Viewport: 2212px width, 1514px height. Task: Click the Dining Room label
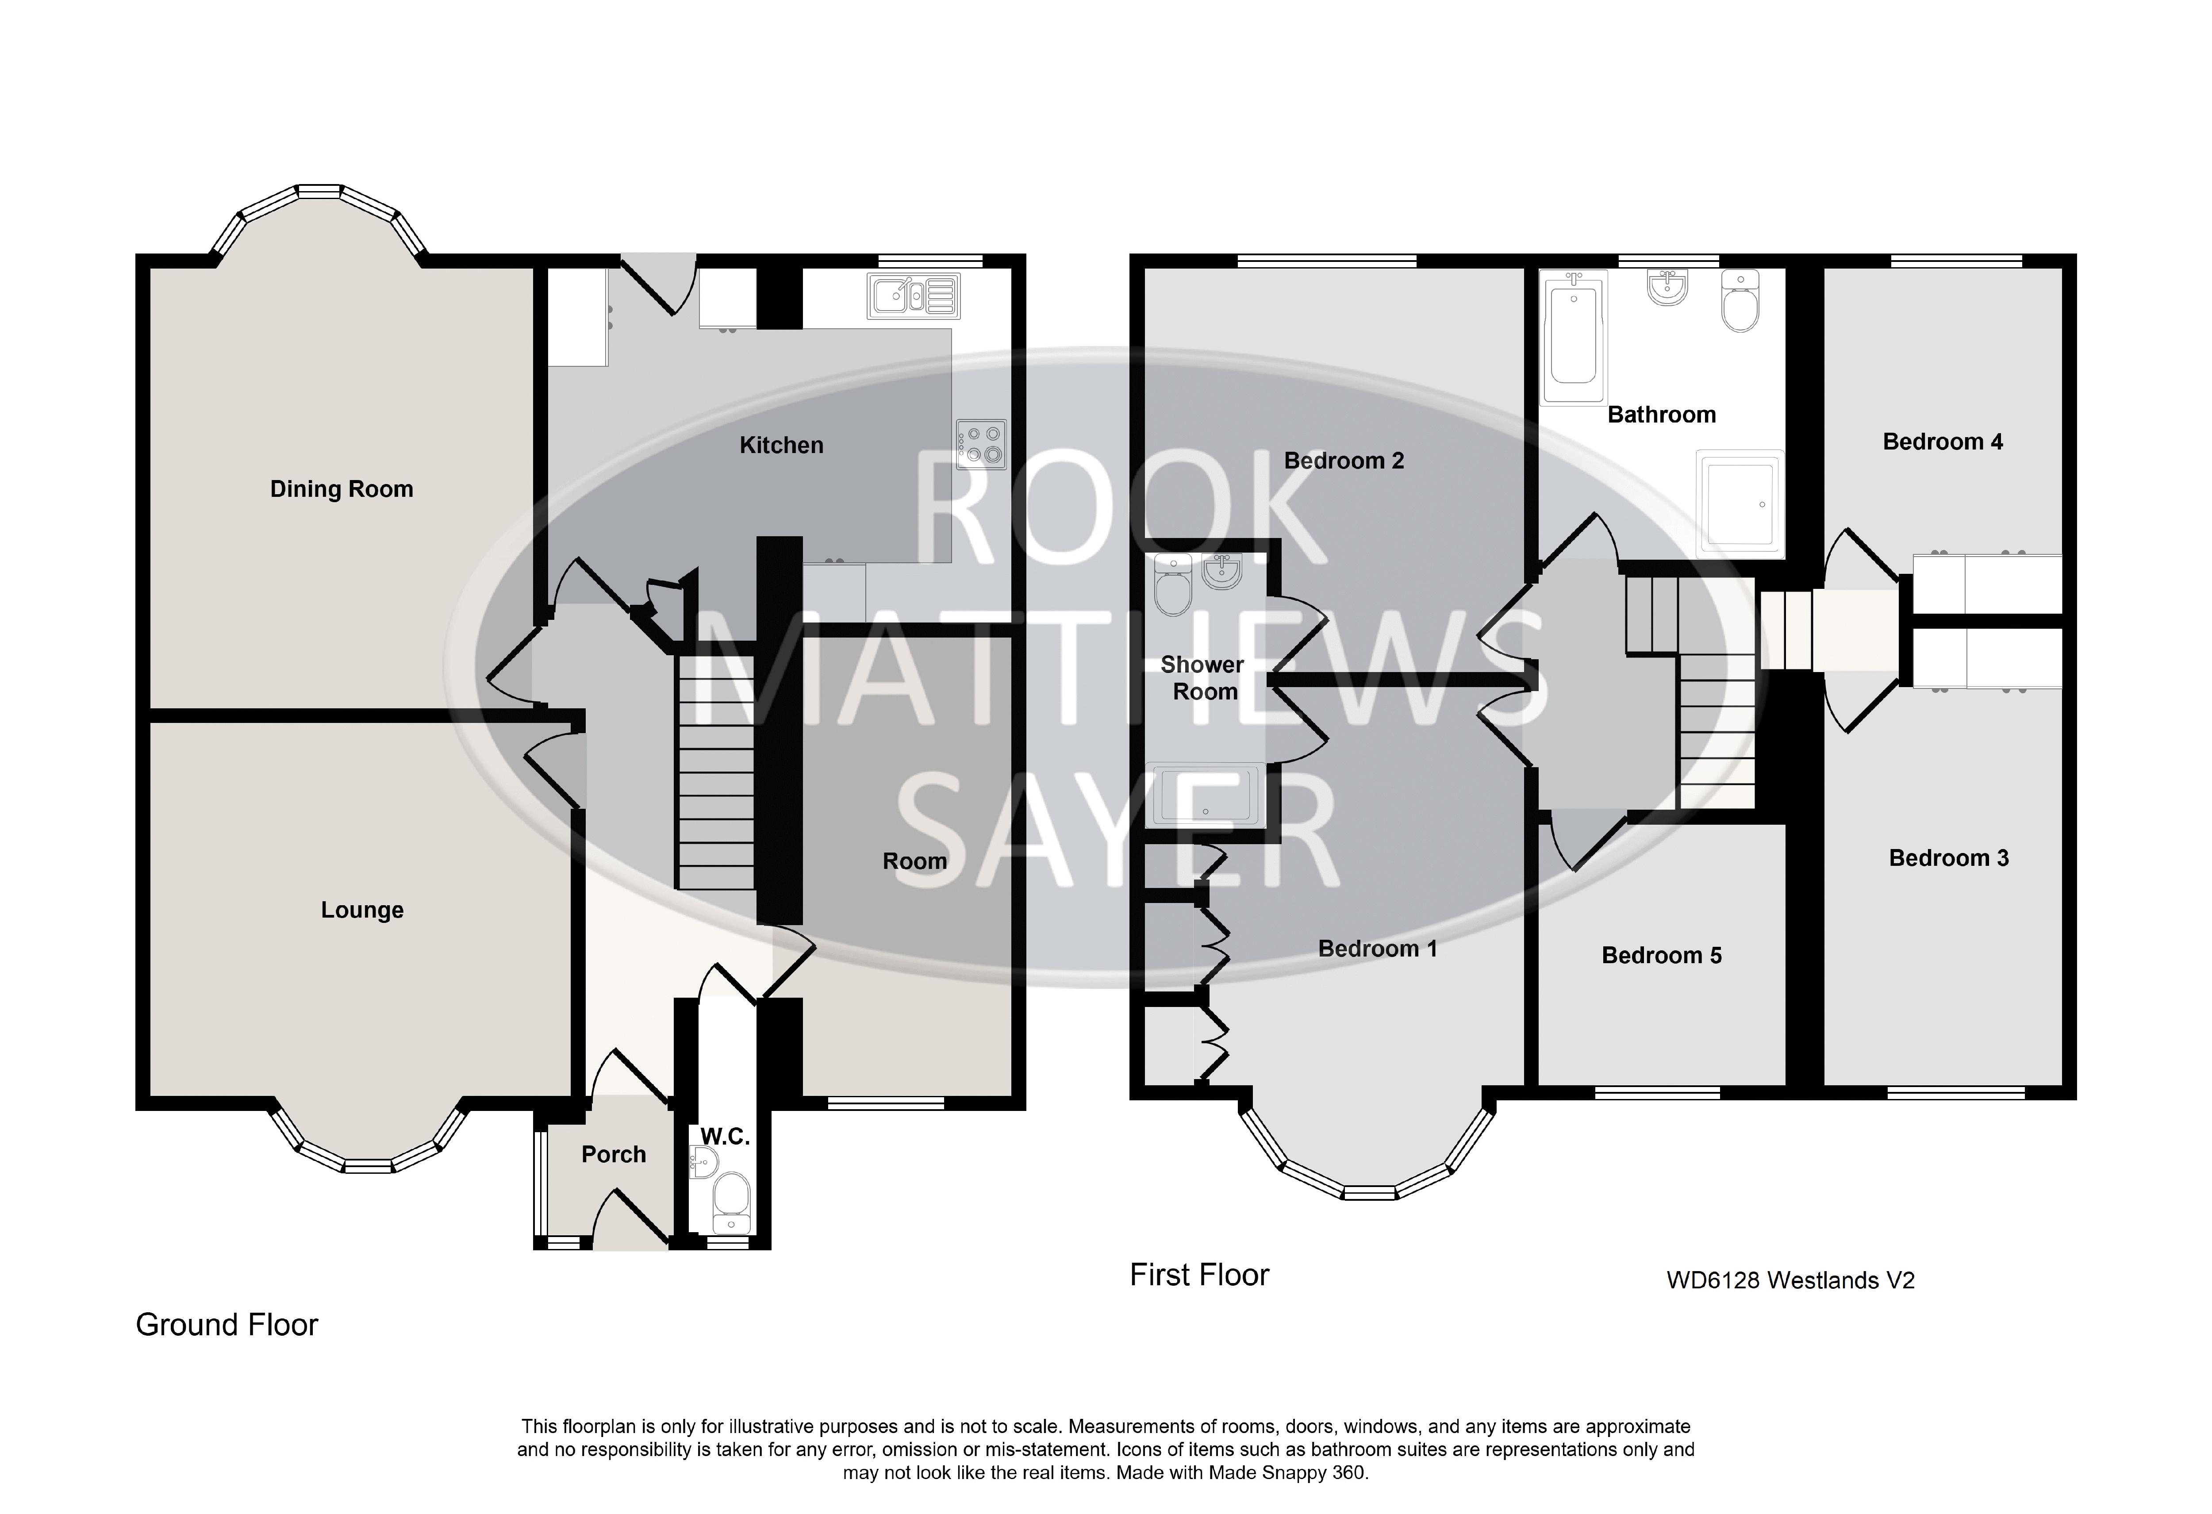click(342, 489)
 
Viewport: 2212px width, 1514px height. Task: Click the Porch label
click(614, 1154)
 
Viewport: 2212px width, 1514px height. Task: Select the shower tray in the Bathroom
click(1739, 503)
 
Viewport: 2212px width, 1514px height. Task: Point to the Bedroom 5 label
click(1662, 955)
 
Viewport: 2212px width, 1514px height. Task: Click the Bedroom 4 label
click(1943, 442)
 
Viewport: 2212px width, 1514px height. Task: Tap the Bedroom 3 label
click(1948, 858)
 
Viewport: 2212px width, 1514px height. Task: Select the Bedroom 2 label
click(1344, 461)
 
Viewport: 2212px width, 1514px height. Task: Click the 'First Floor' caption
click(1199, 1275)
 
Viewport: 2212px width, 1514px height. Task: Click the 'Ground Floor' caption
click(227, 1325)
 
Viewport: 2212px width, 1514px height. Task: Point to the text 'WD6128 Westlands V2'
click(1790, 1281)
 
